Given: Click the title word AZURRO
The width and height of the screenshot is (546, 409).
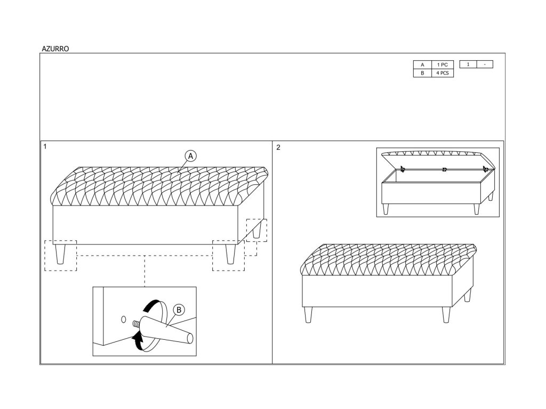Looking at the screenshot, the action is point(55,48).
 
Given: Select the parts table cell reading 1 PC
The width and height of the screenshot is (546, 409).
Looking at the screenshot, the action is point(442,65).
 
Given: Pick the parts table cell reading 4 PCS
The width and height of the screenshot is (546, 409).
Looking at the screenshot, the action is point(442,73).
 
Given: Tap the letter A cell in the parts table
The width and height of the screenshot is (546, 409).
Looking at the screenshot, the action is point(422,65).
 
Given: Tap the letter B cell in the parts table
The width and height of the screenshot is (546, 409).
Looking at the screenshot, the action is point(422,73).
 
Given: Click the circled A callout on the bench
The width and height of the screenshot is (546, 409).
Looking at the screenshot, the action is point(191,156).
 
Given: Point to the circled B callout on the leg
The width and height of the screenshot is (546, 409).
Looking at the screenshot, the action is point(179,309).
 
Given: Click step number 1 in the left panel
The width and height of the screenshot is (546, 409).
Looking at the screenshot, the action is point(45,146).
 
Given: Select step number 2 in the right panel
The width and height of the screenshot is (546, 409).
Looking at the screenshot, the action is point(278,147).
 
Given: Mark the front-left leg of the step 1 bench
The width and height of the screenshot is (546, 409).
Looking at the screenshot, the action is point(60,253).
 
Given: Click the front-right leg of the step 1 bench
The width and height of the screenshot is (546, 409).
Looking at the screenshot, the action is point(230,253).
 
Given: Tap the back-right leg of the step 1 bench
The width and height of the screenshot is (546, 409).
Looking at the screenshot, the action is point(257,230).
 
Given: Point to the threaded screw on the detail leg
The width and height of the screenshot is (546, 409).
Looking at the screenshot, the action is point(135,323).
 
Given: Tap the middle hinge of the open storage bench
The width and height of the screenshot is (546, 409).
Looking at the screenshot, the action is point(444,170).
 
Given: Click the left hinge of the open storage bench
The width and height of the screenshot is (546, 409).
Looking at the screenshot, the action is point(403,169).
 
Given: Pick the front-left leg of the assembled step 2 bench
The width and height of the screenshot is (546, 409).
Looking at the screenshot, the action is point(308,315).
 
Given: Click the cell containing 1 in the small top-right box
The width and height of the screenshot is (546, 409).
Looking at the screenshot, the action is point(468,64).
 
